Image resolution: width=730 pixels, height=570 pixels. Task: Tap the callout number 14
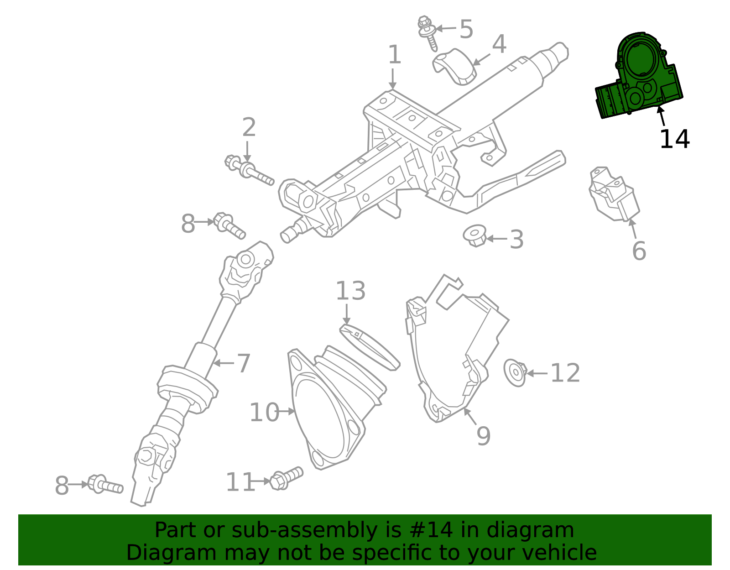pyautogui.click(x=674, y=139)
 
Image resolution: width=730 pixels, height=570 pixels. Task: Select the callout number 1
pyautogui.click(x=394, y=55)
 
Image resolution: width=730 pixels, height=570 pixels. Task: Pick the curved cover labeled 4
pyautogui.click(x=454, y=66)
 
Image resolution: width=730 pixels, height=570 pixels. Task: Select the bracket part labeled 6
pyautogui.click(x=614, y=194)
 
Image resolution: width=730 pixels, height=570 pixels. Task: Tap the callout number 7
pyautogui.click(x=244, y=363)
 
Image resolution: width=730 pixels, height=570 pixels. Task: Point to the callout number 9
pyautogui.click(x=483, y=436)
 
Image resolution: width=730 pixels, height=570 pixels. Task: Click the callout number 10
pyautogui.click(x=264, y=413)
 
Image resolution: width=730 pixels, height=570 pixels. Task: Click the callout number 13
pyautogui.click(x=350, y=291)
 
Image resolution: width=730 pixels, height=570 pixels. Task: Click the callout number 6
pyautogui.click(x=639, y=251)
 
